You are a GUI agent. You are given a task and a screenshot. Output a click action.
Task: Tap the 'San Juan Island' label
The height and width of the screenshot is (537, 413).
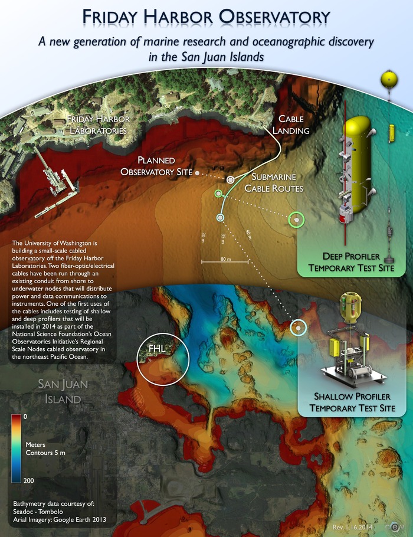[x=59, y=392]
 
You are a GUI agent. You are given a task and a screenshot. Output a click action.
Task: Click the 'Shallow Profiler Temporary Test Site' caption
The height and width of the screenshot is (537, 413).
[x=353, y=402]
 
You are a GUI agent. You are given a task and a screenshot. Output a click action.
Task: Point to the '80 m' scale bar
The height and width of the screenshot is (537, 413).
[x=224, y=260]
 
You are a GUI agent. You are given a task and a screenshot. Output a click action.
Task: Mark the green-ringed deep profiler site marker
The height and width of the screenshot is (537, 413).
[x=294, y=220]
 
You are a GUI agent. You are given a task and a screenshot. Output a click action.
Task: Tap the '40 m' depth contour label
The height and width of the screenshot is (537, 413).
[x=248, y=235]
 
